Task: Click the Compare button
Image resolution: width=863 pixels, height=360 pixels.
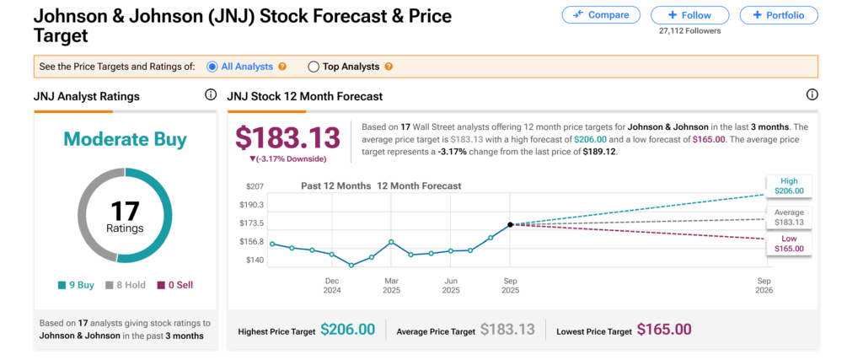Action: [599, 15]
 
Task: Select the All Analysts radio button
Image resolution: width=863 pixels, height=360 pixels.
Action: [212, 67]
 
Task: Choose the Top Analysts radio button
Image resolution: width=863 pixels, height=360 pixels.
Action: [314, 67]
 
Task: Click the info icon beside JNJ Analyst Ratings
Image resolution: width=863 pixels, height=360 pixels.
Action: [210, 95]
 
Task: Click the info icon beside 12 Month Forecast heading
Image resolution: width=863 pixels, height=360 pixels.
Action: [812, 95]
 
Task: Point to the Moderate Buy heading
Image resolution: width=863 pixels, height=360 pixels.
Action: [124, 138]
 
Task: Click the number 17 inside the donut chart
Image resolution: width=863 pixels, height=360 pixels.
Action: [125, 211]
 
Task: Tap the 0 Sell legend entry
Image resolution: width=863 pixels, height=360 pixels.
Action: [174, 285]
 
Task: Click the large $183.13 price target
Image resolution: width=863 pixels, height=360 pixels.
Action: [288, 137]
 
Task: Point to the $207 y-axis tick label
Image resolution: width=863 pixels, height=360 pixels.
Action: [255, 185]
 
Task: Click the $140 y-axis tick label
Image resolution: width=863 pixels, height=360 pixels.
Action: [255, 260]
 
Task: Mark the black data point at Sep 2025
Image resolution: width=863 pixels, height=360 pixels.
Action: [511, 224]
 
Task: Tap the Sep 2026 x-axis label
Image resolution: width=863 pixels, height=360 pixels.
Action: [764, 284]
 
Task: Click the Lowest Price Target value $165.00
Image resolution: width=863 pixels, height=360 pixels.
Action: [664, 330]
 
